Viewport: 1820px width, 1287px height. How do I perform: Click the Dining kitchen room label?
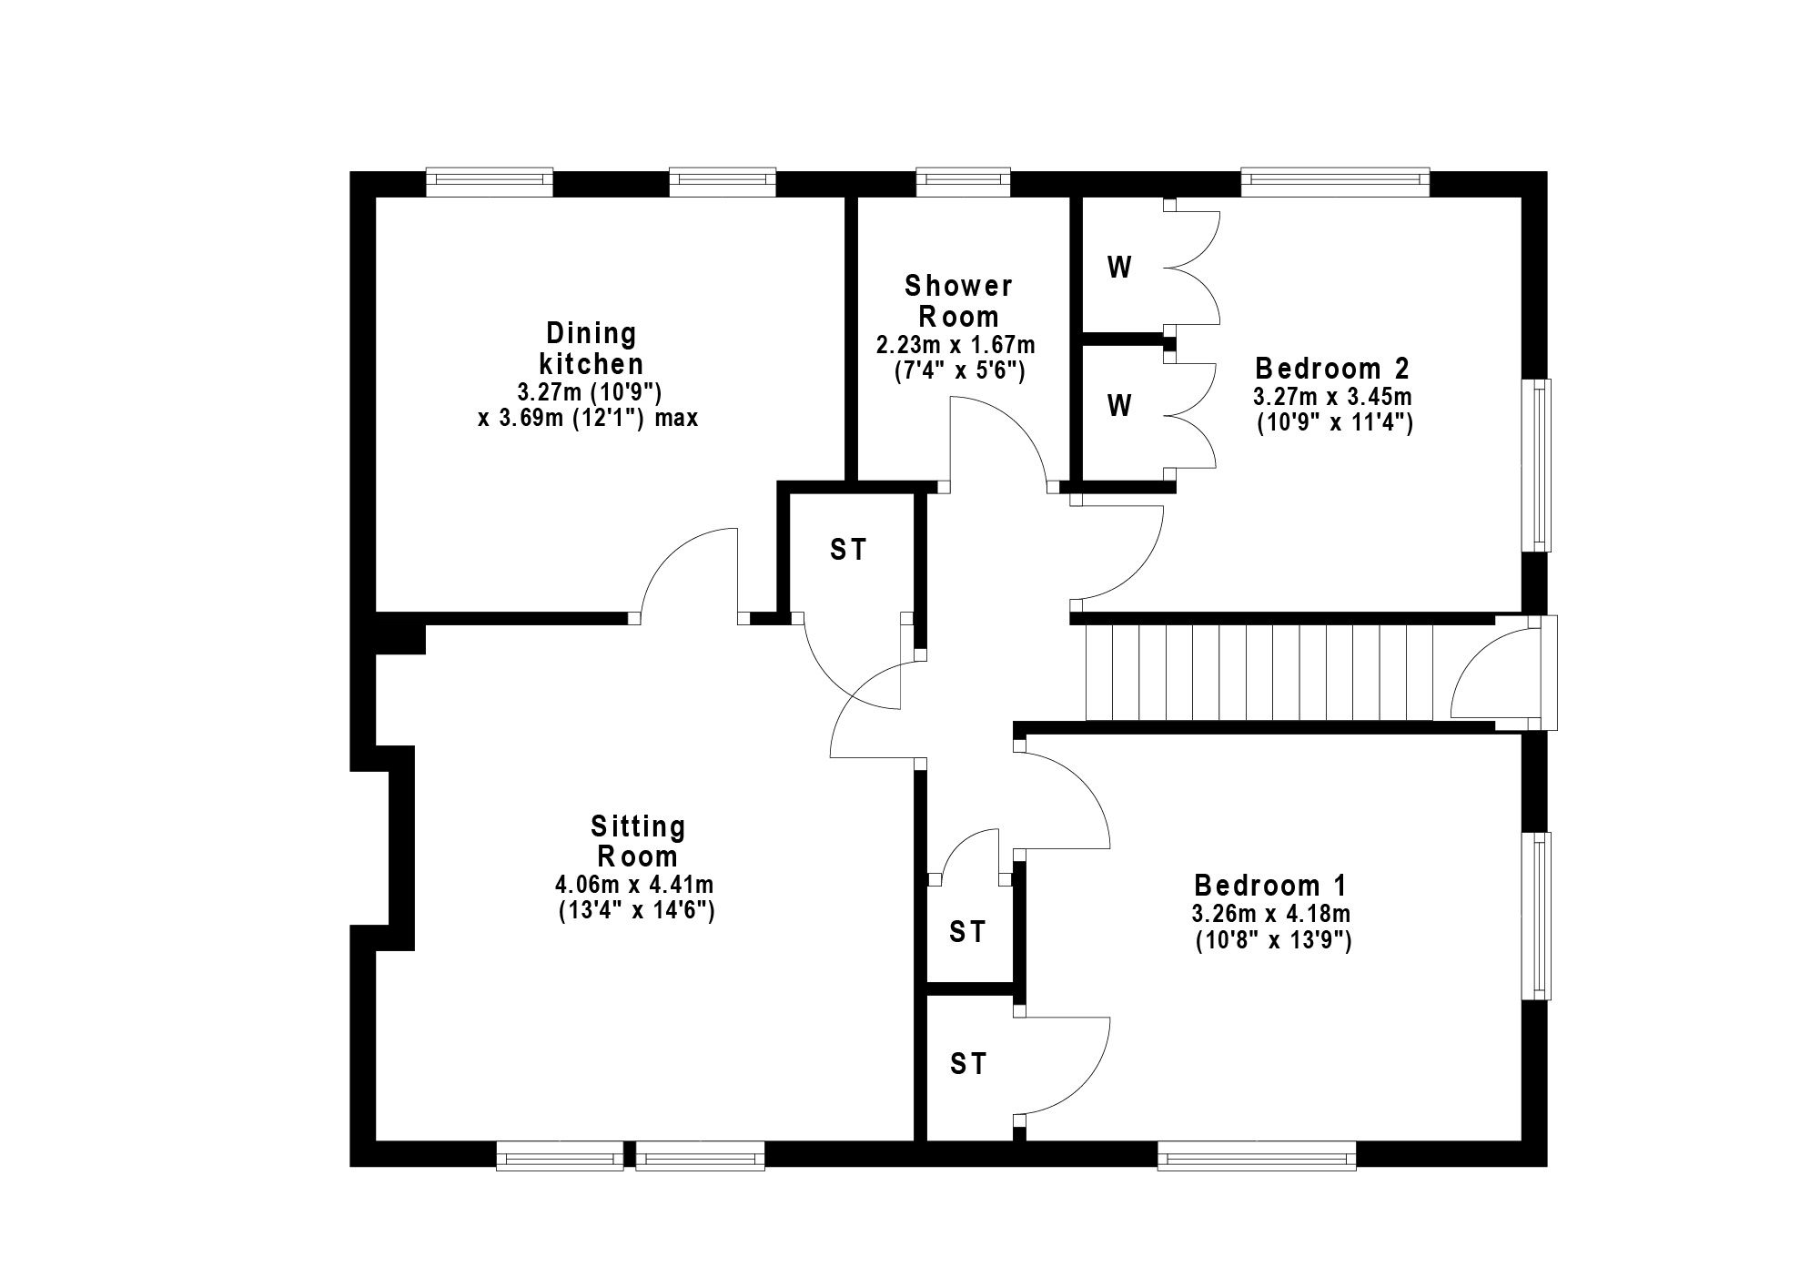591,349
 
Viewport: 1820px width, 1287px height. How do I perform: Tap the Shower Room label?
958,301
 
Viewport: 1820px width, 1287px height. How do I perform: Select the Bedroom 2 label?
1332,369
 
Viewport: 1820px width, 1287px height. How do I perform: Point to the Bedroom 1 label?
1270,885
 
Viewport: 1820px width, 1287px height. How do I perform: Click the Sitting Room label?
637,841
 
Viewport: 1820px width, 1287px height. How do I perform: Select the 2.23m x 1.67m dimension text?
955,346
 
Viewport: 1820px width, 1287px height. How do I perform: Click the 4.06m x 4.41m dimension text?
634,884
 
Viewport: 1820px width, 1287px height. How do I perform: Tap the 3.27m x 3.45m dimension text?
1332,398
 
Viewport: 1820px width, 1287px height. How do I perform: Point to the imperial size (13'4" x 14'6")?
636,910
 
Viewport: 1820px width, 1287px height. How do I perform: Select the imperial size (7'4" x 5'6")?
958,371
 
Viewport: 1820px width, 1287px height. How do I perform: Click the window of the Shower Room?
963,182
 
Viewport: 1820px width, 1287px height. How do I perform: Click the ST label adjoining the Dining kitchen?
848,550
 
